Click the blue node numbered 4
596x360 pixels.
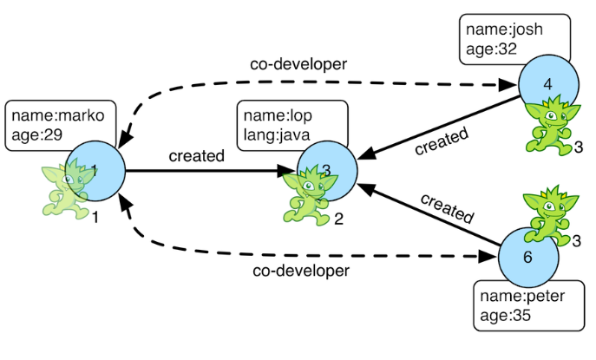547,84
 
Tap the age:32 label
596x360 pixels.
491,49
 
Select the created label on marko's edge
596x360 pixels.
196,156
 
